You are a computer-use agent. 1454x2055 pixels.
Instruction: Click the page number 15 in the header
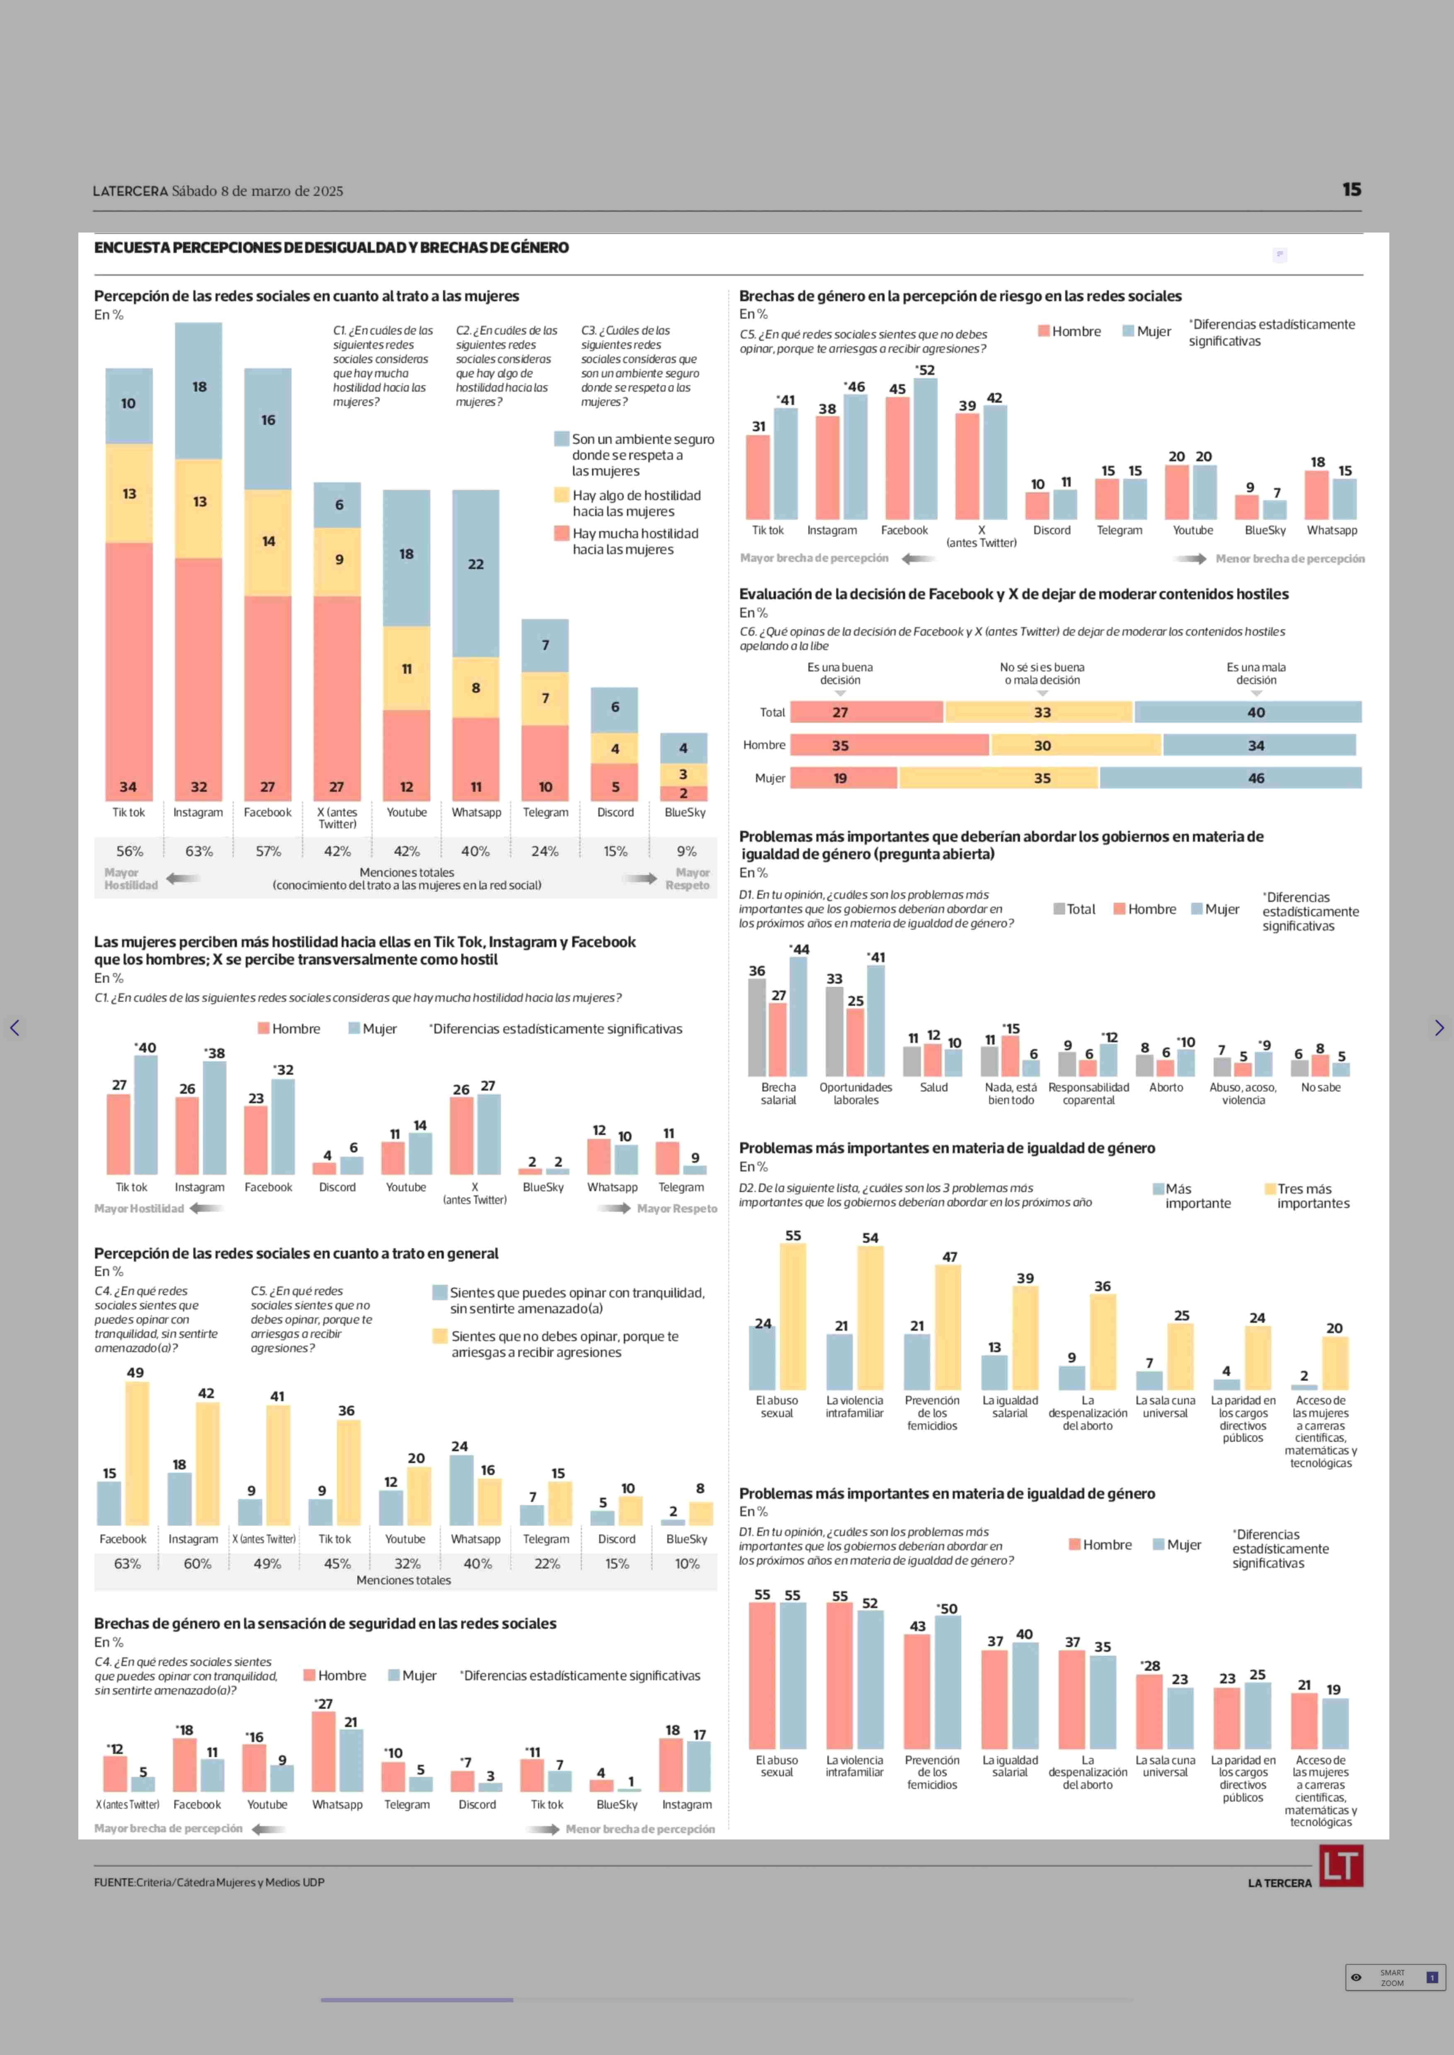click(x=1351, y=190)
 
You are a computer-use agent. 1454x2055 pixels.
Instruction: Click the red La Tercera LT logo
click(x=1340, y=1866)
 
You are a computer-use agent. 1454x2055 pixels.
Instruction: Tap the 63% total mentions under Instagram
click(x=199, y=851)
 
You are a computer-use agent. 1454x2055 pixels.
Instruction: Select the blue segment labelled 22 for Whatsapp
click(x=475, y=573)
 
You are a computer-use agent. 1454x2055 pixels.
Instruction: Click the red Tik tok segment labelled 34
click(x=129, y=671)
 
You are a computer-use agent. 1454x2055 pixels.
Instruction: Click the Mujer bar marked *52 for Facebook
click(x=926, y=448)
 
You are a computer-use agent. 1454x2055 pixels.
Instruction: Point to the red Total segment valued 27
click(x=867, y=712)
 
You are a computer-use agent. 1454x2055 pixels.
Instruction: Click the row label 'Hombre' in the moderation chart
click(x=764, y=745)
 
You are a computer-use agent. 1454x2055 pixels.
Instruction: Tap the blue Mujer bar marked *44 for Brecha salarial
click(x=798, y=1016)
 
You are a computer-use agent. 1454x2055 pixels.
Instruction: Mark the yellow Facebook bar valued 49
click(x=137, y=1453)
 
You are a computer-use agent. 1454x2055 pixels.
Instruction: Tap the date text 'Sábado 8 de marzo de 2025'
click(x=258, y=191)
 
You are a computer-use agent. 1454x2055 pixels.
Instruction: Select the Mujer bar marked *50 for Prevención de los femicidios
click(x=947, y=1682)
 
